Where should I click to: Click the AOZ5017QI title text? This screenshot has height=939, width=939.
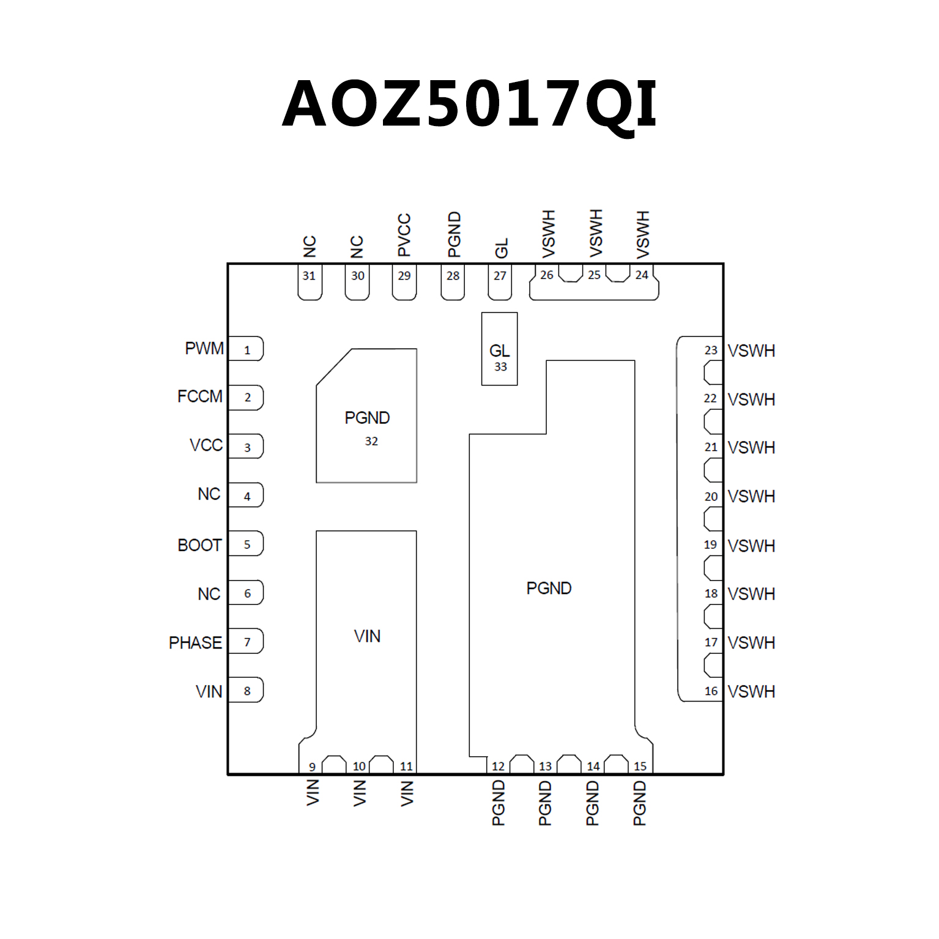click(x=469, y=104)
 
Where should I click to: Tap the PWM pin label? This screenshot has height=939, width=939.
click(x=204, y=349)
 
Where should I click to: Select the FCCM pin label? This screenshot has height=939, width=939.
click(x=200, y=396)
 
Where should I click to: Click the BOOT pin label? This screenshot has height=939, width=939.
click(x=199, y=545)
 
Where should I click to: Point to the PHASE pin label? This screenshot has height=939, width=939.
click(x=195, y=643)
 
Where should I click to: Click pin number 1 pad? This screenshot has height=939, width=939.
click(x=247, y=349)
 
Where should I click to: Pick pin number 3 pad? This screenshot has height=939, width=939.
click(x=247, y=447)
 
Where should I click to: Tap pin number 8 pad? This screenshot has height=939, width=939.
click(x=247, y=691)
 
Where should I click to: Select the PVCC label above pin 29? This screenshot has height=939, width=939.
click(x=404, y=235)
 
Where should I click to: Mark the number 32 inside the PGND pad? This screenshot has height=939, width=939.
click(x=371, y=441)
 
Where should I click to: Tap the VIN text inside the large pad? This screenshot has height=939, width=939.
click(x=367, y=636)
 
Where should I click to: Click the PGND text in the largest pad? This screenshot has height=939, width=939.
click(x=549, y=588)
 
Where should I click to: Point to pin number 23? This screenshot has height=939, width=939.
click(x=710, y=350)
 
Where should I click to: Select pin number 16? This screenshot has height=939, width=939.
click(x=711, y=691)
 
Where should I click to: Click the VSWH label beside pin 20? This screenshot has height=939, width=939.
click(x=751, y=496)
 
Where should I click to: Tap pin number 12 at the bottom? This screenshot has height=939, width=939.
click(x=498, y=766)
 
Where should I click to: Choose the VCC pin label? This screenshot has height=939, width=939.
click(x=206, y=445)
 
